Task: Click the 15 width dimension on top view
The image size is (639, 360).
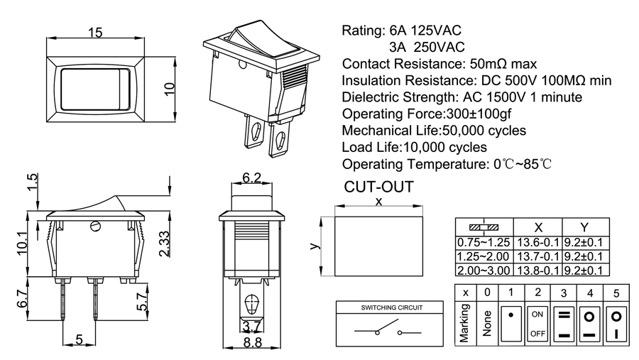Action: coord(96,32)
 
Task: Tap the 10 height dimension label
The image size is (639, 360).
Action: coord(169,87)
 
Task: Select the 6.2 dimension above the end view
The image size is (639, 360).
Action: coord(252,177)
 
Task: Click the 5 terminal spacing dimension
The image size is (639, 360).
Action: coord(80,340)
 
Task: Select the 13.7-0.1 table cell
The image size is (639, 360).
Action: coord(537,256)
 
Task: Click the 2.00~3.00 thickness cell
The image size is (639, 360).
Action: coord(484,270)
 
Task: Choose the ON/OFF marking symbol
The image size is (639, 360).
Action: coord(537,323)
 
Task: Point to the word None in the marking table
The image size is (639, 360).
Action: coord(486,323)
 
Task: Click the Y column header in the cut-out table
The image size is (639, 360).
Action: coord(584,227)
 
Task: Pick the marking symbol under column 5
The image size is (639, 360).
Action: coord(617,323)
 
